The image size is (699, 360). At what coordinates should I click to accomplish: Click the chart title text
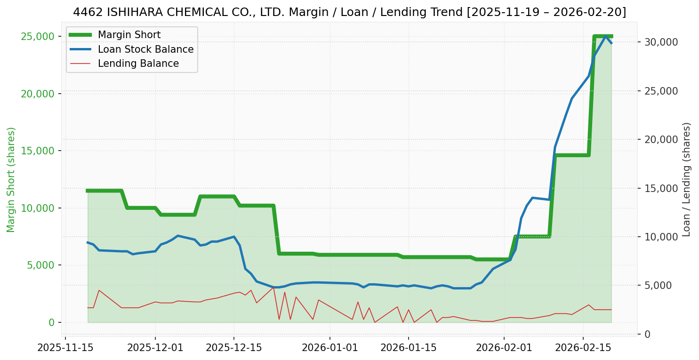point(349,12)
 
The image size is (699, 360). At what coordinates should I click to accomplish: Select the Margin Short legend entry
point(129,35)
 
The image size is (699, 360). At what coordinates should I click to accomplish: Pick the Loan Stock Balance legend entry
point(145,49)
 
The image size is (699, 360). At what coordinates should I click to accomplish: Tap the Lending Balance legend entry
point(138,64)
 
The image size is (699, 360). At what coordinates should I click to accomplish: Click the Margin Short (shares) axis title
point(11,180)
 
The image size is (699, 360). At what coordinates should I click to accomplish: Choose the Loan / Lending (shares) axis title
point(686,180)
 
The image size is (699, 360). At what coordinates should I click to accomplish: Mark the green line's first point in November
point(88,191)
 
